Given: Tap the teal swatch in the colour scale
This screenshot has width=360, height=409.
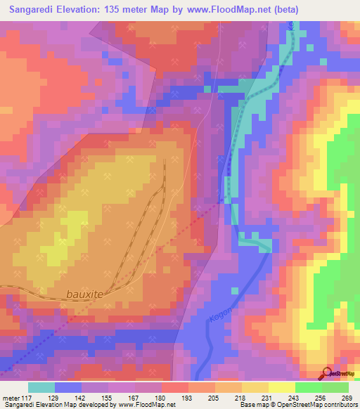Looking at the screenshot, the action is (41, 387).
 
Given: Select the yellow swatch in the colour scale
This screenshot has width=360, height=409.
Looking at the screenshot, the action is (281, 387).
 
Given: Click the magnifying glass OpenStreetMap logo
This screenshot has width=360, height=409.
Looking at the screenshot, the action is (328, 373).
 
